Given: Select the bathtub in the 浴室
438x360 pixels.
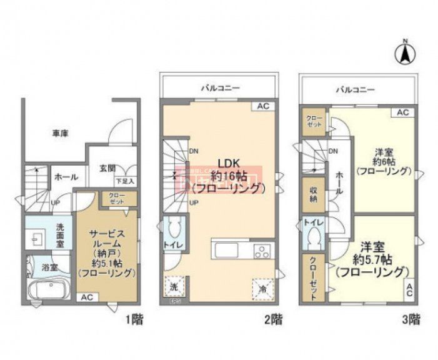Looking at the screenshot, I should point(49,291).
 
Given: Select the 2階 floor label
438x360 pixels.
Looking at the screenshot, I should point(272,321).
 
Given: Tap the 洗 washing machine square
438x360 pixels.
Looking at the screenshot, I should point(174,287).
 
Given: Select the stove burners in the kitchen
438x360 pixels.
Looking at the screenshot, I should point(262,251).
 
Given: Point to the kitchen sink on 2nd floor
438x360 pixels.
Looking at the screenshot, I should point(227,251).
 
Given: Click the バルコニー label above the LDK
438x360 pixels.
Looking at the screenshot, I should point(219,88).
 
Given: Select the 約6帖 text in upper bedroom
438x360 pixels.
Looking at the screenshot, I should point(384,161).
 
